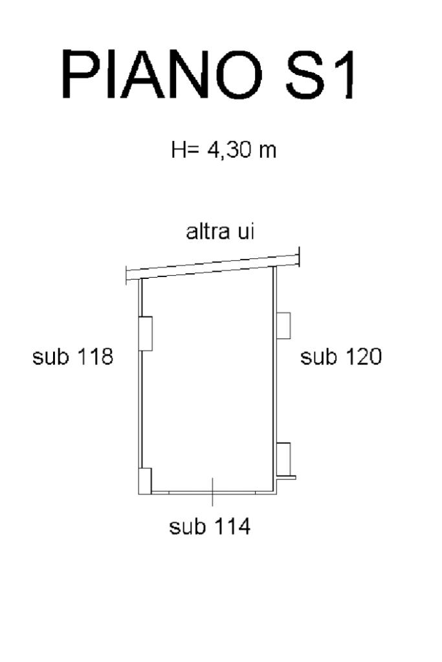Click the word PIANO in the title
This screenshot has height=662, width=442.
click(x=162, y=74)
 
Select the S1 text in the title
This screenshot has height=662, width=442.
click(x=320, y=74)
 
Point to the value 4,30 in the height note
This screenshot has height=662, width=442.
click(x=228, y=150)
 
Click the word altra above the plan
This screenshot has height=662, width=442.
click(x=208, y=232)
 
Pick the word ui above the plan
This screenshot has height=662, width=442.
click(x=246, y=232)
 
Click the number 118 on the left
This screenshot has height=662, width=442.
click(x=95, y=357)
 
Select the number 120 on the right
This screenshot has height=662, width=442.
click(x=364, y=357)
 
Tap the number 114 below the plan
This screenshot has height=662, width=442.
click(x=232, y=527)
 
